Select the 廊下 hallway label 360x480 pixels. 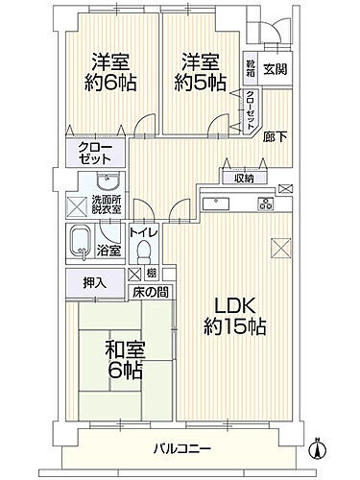(275, 137)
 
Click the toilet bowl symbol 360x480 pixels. (145, 252)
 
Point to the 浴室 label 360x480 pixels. (108, 252)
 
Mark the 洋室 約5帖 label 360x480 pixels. (200, 70)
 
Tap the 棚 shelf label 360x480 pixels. (153, 274)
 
